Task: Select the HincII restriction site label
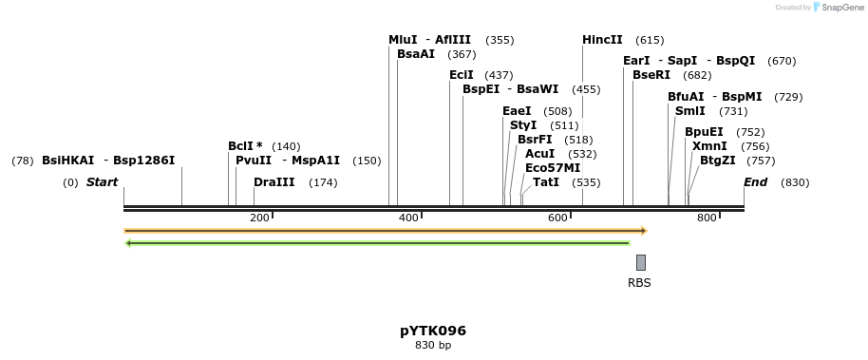[602, 40]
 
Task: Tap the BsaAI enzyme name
[416, 55]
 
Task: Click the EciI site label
[461, 75]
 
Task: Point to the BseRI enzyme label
[651, 75]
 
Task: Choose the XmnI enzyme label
[710, 146]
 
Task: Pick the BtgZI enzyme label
[717, 161]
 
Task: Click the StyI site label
[523, 125]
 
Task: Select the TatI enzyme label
[546, 182]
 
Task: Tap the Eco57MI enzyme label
[553, 168]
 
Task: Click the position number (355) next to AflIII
[500, 40]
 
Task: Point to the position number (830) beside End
[795, 182]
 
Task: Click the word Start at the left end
[103, 182]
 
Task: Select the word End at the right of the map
[755, 182]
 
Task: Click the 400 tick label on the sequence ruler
[408, 218]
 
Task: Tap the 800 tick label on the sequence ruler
[707, 218]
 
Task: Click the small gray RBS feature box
[641, 262]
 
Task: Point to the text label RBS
[639, 282]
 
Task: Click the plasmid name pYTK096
[433, 331]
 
